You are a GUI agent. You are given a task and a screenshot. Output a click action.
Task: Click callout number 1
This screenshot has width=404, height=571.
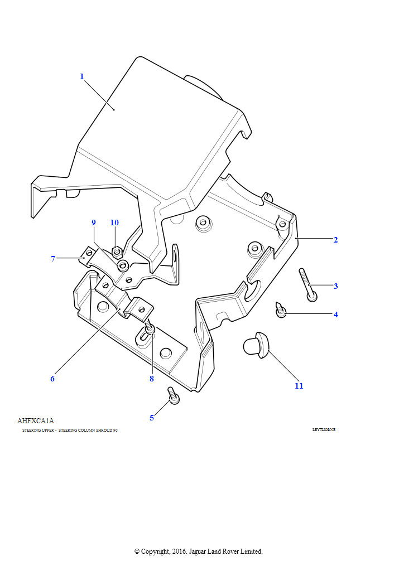[81, 76]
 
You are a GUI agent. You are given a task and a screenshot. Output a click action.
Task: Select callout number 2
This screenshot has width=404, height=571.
[335, 240]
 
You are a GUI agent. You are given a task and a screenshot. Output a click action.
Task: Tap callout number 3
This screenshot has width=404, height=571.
[335, 286]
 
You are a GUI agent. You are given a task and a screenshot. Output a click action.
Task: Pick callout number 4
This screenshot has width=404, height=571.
[335, 314]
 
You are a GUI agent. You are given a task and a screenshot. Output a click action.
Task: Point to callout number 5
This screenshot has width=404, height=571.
[152, 418]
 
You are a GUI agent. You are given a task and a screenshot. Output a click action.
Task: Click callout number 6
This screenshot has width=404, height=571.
[52, 379]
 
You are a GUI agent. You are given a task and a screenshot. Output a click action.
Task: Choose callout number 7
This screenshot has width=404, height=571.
[53, 259]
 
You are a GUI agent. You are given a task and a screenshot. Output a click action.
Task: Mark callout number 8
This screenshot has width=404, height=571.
[151, 379]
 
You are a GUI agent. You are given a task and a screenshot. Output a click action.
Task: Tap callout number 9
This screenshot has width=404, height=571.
[94, 222]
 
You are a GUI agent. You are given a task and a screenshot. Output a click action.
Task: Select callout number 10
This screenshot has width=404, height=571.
[114, 222]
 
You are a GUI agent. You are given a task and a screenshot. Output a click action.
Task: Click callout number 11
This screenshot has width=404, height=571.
[299, 386]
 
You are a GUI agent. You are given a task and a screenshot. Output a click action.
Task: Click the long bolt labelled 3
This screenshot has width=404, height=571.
[307, 284]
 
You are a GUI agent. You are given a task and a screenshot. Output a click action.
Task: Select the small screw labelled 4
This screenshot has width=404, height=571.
[281, 309]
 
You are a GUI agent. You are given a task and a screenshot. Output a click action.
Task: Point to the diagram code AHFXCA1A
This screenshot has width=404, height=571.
[36, 421]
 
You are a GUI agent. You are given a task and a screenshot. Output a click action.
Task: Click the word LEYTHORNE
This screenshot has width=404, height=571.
[324, 430]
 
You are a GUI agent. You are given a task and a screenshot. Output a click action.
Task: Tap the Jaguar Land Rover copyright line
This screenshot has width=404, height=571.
[198, 551]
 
